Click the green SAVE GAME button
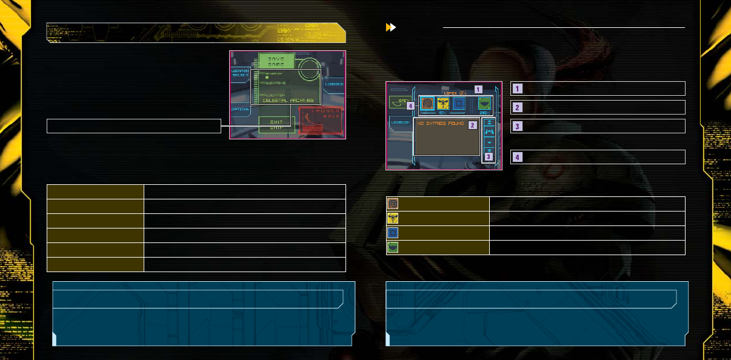click(276, 61)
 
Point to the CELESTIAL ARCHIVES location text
click(288, 100)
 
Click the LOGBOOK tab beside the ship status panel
click(334, 84)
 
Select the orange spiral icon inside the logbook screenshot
click(428, 104)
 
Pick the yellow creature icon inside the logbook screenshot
click(444, 104)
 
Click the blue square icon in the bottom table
click(393, 233)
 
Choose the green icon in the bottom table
click(393, 247)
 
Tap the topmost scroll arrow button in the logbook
click(489, 122)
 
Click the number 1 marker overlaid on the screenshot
click(478, 88)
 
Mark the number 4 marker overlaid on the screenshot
click(411, 105)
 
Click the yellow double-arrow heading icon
click(391, 27)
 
